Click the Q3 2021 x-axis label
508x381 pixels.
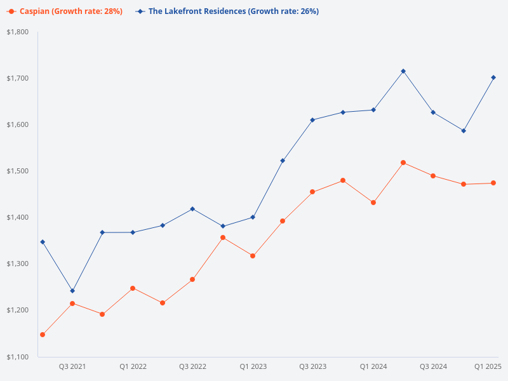[x=72, y=366]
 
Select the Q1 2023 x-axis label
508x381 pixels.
[x=253, y=366]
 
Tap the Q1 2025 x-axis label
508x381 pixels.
[x=488, y=366]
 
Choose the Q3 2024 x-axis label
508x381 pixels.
[x=433, y=366]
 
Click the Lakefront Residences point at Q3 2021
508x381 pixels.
[x=72, y=291]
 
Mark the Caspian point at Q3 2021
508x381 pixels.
[x=72, y=304]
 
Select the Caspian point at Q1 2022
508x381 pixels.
[x=133, y=288]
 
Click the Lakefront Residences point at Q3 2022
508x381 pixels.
[x=192, y=209]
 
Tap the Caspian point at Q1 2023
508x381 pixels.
[x=253, y=256]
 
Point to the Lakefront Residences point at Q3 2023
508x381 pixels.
[x=312, y=120]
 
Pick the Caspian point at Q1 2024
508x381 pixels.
[x=373, y=203]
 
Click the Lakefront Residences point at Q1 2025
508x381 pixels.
[x=493, y=77]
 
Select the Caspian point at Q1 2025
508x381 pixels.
[x=493, y=183]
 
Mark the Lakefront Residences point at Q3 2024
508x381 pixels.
[x=433, y=112]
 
